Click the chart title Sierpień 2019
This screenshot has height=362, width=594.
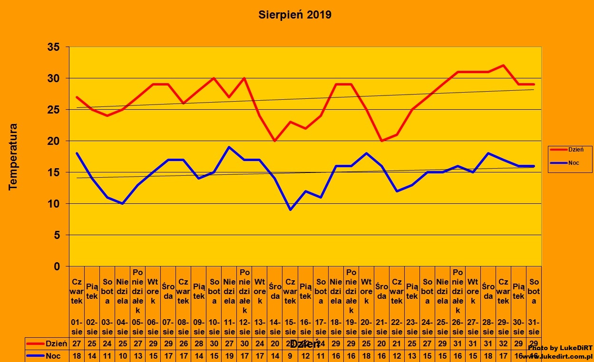295,15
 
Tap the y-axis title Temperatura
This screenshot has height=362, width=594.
13,157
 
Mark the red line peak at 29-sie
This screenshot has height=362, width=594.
503,66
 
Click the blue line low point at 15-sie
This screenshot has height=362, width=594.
290,210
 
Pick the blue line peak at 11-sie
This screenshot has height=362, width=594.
229,147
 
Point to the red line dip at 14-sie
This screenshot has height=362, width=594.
275,141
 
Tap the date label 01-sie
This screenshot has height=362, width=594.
77,327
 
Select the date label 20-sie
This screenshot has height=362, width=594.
366,327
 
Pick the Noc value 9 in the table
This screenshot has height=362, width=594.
290,355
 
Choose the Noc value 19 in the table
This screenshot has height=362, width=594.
229,355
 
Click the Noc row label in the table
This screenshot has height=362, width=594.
53,355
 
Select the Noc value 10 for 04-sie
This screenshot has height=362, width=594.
123,355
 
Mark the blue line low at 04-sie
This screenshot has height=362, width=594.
123,203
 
